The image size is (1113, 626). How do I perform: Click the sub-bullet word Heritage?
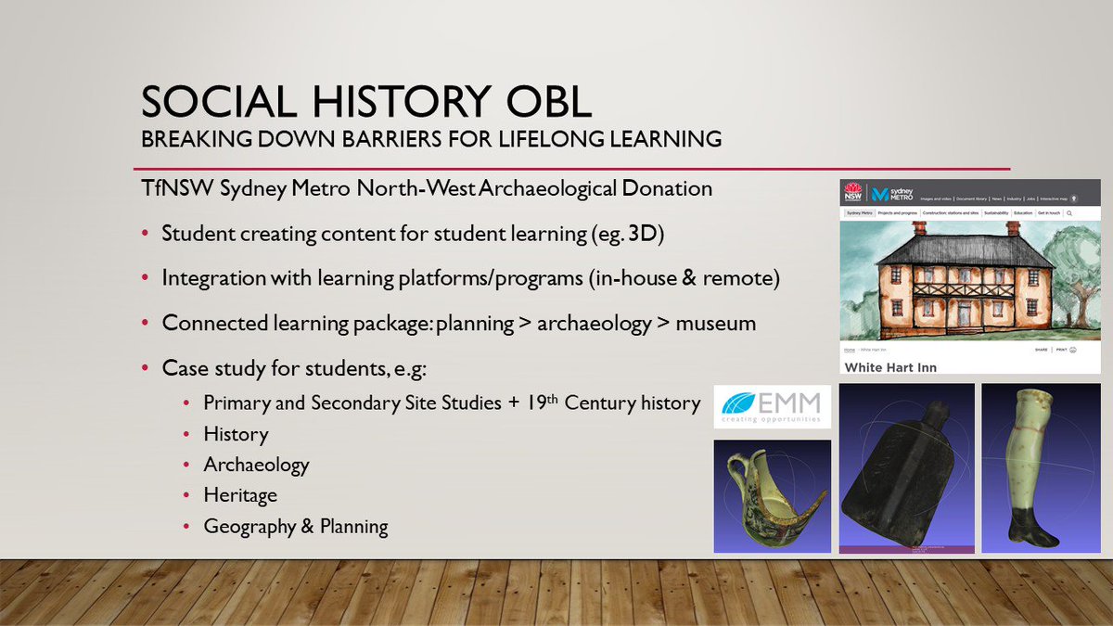click(x=240, y=495)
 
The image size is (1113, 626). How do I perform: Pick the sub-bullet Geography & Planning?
click(x=296, y=527)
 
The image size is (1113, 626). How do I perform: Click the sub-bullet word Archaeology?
click(x=256, y=465)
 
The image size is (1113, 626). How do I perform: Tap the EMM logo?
click(x=772, y=407)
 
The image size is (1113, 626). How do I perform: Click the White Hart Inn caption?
click(x=890, y=367)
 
